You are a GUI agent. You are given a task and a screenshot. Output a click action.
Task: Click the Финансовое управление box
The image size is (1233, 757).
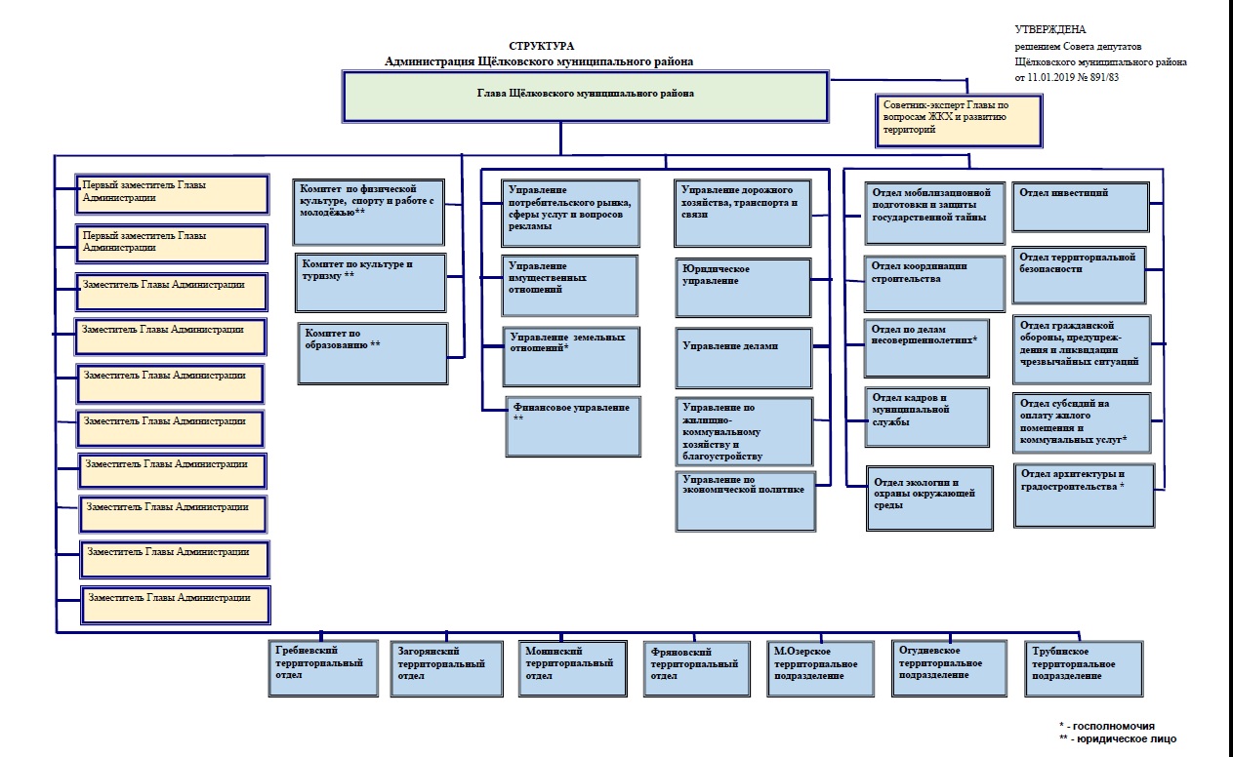pyautogui.click(x=574, y=425)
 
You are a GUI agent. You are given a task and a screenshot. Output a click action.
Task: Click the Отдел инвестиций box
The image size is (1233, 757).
pyautogui.click(x=1080, y=205)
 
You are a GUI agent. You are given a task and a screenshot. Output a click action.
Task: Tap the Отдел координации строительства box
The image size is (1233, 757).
pyautogui.click(x=935, y=283)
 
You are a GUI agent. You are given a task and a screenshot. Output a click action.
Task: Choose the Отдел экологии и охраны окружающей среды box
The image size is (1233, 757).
pyautogui.click(x=929, y=498)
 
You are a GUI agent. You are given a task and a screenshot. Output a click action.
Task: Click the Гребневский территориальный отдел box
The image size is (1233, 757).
pyautogui.click(x=322, y=667)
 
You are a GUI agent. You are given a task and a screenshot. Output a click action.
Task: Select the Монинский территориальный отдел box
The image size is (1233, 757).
pyautogui.click(x=571, y=667)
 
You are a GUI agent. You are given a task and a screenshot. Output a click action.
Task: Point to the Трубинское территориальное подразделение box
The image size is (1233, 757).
pyautogui.click(x=1085, y=667)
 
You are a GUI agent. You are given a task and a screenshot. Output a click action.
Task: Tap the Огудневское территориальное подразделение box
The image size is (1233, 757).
pyautogui.click(x=949, y=667)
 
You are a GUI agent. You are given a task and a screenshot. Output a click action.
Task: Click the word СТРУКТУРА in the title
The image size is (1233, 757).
pyautogui.click(x=542, y=46)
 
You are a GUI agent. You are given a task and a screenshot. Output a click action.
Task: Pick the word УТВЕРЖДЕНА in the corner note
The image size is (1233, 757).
pyautogui.click(x=1049, y=30)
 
